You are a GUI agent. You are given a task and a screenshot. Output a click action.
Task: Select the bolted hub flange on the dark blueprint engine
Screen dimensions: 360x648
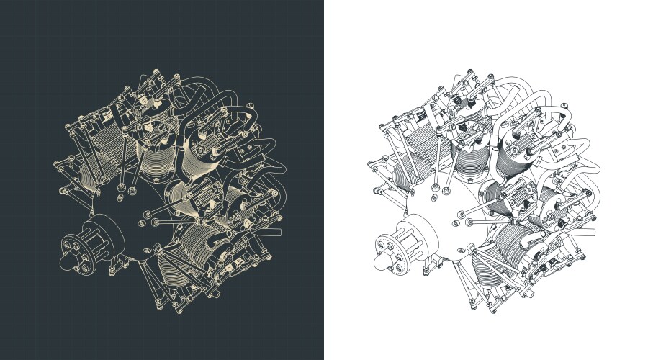pos(78,251)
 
